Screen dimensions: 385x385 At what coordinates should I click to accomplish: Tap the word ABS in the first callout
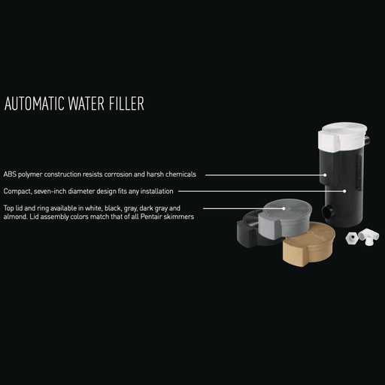[x=10, y=174]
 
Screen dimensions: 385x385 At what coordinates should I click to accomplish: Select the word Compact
[x=17, y=192]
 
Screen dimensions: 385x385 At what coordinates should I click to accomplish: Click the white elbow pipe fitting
[x=369, y=236]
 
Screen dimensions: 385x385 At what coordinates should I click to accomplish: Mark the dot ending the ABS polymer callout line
[x=326, y=174]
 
